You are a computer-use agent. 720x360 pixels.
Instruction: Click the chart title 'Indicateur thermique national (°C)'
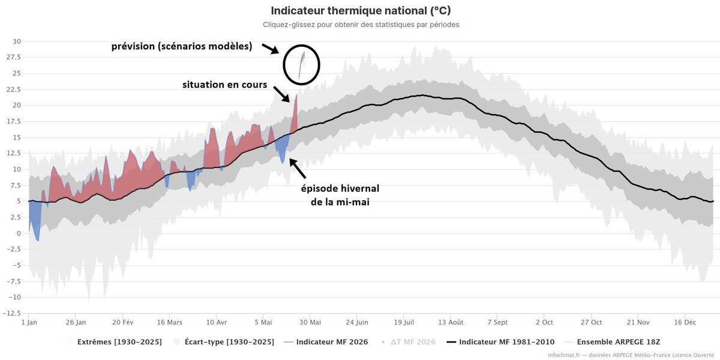click(x=361, y=11)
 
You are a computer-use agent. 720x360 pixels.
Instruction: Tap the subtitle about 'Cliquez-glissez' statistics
click(x=361, y=25)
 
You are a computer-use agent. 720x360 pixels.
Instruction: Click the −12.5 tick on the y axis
click(x=12, y=313)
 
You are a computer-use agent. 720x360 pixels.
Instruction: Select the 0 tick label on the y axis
click(x=19, y=233)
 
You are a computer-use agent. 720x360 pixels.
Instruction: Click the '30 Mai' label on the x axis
click(x=310, y=322)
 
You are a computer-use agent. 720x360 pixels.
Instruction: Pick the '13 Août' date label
click(x=451, y=322)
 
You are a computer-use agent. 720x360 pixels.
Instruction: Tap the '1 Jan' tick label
click(x=29, y=322)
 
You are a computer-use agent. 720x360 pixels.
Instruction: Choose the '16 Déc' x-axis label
click(x=685, y=322)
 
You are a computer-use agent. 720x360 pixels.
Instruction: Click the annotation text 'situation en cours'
click(x=224, y=85)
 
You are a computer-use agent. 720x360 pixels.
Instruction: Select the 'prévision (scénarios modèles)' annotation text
click(x=182, y=46)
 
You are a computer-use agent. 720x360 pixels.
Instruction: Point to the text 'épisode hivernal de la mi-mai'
click(x=340, y=195)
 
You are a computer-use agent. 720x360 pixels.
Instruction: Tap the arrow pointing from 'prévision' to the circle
click(x=271, y=49)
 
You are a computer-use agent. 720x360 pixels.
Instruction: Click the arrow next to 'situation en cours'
click(x=281, y=94)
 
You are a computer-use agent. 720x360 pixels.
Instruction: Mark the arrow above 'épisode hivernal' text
click(x=298, y=168)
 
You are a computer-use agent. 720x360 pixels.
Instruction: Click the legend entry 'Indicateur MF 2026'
click(x=326, y=342)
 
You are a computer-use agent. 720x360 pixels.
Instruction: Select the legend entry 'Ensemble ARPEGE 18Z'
click(x=613, y=342)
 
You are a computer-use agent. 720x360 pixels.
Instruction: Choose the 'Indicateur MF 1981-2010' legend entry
click(x=501, y=342)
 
